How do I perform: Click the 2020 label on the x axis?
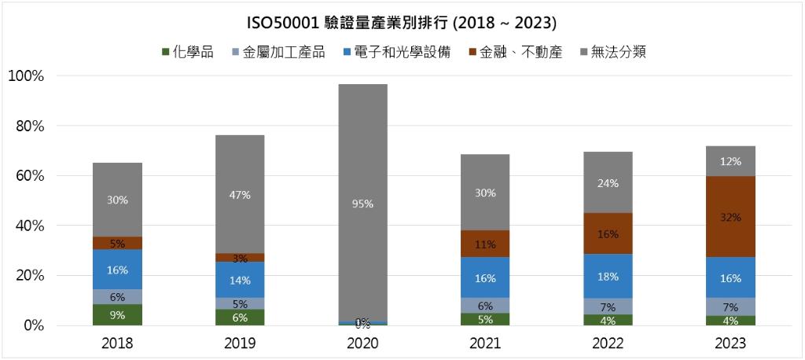coord(362,343)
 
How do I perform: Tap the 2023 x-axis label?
coord(730,343)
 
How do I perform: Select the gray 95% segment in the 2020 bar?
coord(362,203)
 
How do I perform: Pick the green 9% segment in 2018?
coord(117,314)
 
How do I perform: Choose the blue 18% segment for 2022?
coord(608,276)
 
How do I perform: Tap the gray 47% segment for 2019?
coord(240,194)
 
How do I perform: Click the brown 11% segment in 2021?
coord(485,244)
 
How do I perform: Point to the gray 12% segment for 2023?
coord(730,161)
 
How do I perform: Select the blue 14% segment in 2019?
coord(240,280)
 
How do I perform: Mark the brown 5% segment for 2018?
coord(117,243)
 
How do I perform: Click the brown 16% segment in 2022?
coord(608,233)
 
